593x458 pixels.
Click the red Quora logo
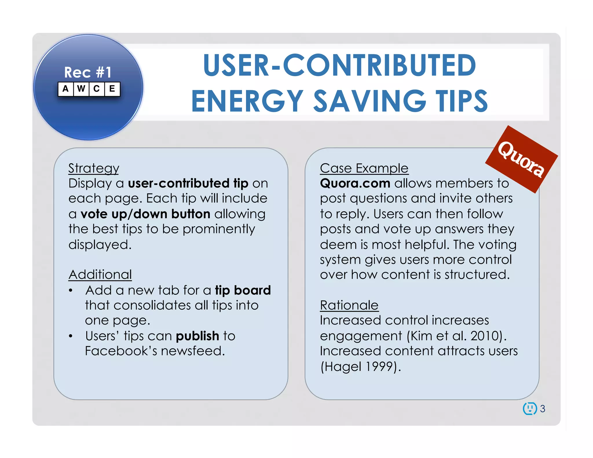click(x=521, y=159)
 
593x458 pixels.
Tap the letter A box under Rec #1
click(x=66, y=89)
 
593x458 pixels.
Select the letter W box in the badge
click(x=81, y=89)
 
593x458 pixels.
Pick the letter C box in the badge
click(x=97, y=89)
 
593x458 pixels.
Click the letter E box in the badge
click(x=112, y=89)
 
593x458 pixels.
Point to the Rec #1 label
click(x=88, y=72)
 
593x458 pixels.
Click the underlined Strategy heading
click(x=94, y=168)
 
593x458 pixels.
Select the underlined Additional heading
click(x=100, y=274)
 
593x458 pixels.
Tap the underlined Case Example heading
click(x=364, y=168)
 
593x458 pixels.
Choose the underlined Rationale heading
click(x=349, y=305)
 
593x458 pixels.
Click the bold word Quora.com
click(x=355, y=183)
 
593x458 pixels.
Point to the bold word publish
click(x=197, y=336)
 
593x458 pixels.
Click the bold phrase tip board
click(x=243, y=290)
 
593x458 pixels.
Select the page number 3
click(x=543, y=408)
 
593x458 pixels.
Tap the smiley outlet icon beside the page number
click(x=530, y=408)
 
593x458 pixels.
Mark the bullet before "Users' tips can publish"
click(x=71, y=336)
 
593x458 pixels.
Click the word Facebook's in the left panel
click(x=121, y=351)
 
